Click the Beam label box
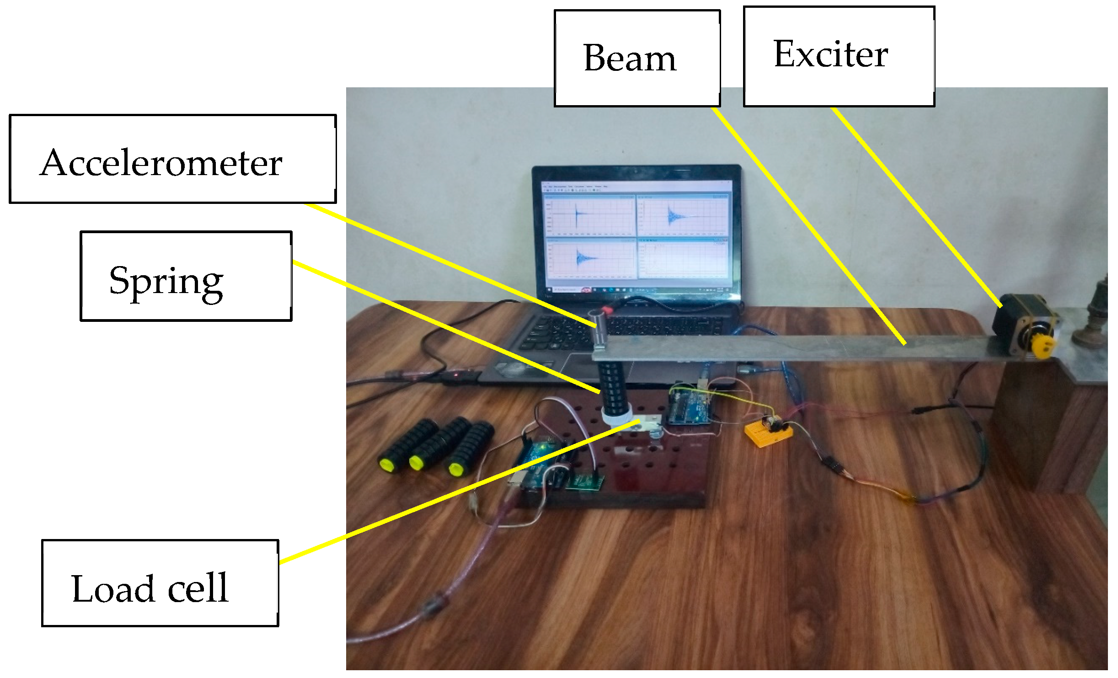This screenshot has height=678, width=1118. pyautogui.click(x=637, y=58)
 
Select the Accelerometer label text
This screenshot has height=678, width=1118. pyautogui.click(x=161, y=163)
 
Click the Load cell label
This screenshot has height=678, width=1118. pyautogui.click(x=150, y=588)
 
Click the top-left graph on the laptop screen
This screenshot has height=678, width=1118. pyautogui.click(x=590, y=215)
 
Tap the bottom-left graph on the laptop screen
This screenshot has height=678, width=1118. pyautogui.click(x=591, y=259)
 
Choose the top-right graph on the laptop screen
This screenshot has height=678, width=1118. pyautogui.click(x=682, y=215)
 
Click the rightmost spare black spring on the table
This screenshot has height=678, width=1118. pyautogui.click(x=471, y=448)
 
